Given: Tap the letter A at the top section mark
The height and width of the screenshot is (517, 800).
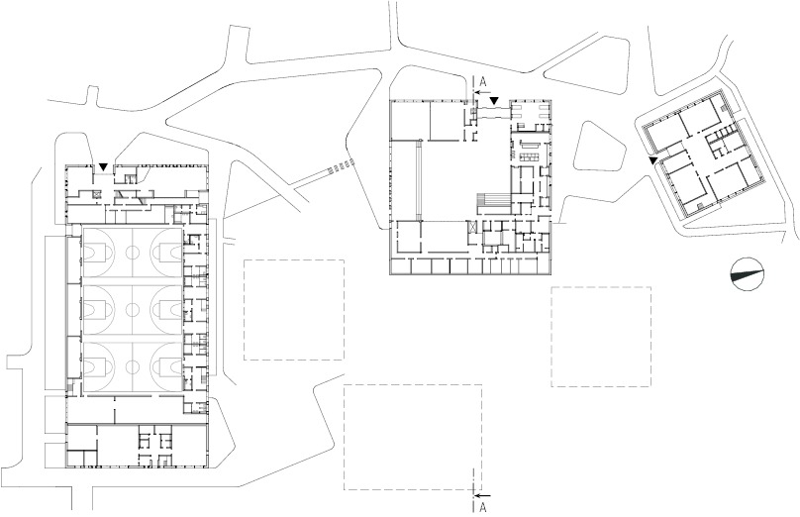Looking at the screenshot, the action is click(x=484, y=81).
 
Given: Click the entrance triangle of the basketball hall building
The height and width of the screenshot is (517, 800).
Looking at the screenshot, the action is click(x=104, y=167).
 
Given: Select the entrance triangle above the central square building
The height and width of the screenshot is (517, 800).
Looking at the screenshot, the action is click(x=493, y=101).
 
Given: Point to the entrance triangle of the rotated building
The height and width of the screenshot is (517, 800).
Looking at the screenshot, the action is click(x=652, y=160).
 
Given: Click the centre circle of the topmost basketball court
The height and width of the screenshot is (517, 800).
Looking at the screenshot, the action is click(x=133, y=252).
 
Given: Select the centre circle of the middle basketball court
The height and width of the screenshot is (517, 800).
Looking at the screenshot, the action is click(x=133, y=309).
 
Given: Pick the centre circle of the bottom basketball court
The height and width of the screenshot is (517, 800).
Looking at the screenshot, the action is click(x=133, y=365).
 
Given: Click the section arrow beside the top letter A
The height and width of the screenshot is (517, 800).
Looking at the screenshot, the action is click(x=481, y=92).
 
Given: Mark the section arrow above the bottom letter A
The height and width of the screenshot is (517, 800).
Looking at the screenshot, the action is click(x=482, y=495).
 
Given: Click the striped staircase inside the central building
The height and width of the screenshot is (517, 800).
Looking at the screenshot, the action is click(x=494, y=203).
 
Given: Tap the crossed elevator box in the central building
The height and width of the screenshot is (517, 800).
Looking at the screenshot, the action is click(x=471, y=227).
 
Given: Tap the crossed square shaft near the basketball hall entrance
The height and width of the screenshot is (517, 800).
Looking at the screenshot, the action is click(x=95, y=193).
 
